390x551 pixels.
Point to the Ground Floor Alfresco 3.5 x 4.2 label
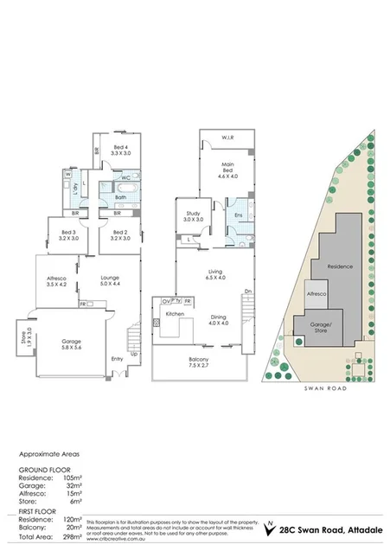(56, 280)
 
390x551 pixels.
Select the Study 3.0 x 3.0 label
(193, 216)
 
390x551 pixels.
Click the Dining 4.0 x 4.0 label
(217, 319)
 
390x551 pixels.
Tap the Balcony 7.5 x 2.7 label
(199, 363)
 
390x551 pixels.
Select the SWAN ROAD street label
(325, 391)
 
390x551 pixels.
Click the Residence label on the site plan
(338, 266)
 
